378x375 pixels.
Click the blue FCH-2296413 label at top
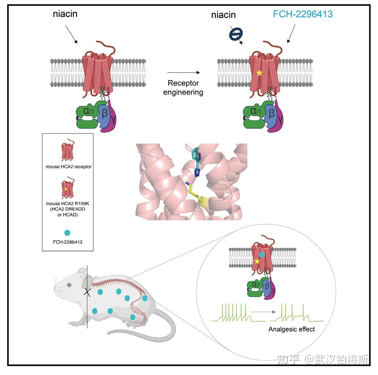(303, 14)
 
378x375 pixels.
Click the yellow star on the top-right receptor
(259, 73)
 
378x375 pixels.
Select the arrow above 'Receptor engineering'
(183, 72)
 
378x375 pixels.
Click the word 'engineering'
(183, 92)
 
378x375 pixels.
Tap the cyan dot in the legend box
(67, 233)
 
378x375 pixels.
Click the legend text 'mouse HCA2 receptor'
(69, 167)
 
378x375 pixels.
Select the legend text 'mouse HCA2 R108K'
(67, 204)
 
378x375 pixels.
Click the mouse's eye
(69, 285)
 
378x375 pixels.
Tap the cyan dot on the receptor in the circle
(262, 255)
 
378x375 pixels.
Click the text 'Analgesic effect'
(291, 329)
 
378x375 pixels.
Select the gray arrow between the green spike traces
(263, 312)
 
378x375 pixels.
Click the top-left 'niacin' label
(65, 14)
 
